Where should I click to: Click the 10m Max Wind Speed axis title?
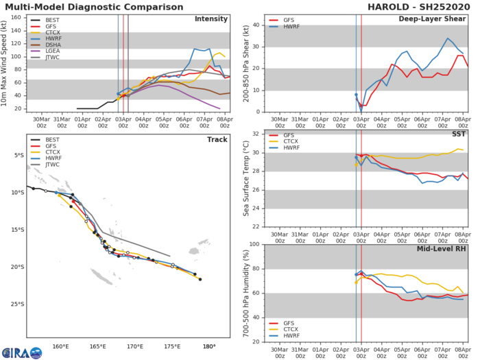pos(7,62)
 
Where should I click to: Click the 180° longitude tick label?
pos(208,346)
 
